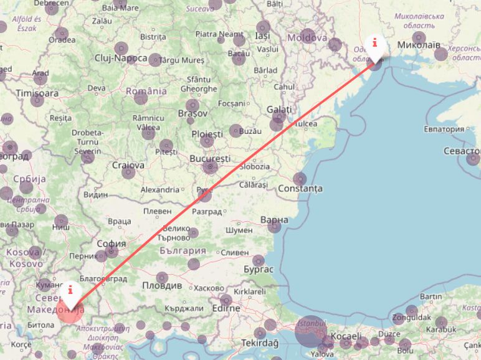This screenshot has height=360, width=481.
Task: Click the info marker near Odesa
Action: coord(374,44)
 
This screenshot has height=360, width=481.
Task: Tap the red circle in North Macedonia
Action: coord(69,311)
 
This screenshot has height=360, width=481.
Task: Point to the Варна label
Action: coord(274,220)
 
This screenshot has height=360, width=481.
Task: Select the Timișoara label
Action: coord(37,93)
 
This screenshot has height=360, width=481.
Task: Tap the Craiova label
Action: coord(128,165)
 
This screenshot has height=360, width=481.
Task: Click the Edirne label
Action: coord(225,308)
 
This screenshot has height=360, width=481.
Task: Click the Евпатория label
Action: coord(445,129)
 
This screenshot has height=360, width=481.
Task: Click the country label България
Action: coord(183,250)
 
